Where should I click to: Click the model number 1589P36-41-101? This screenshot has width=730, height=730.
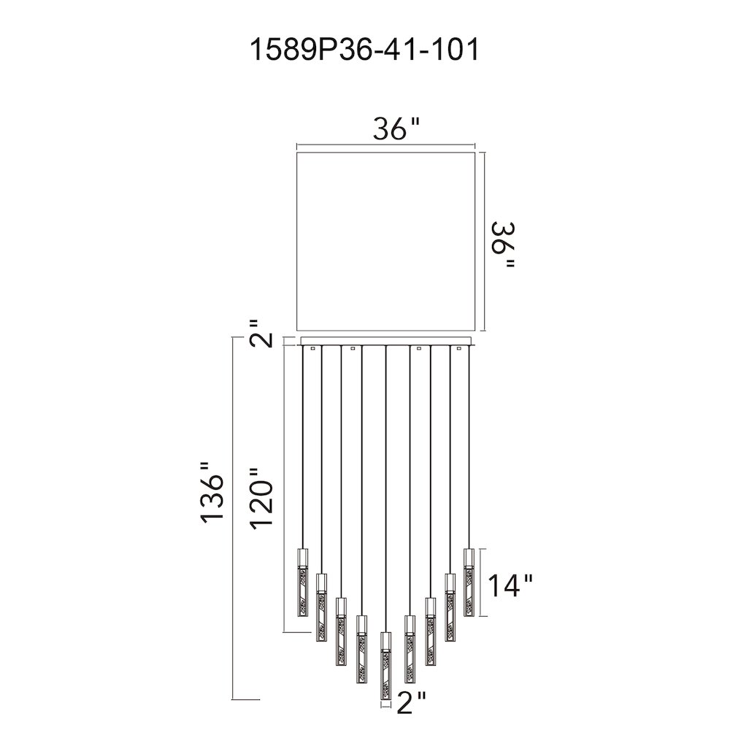point(364,50)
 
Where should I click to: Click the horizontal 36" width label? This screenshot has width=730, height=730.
point(396,128)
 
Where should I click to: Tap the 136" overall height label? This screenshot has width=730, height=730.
point(212,499)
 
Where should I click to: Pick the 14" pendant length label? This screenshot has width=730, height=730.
point(510,585)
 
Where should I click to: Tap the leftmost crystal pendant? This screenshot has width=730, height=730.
point(303,583)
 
